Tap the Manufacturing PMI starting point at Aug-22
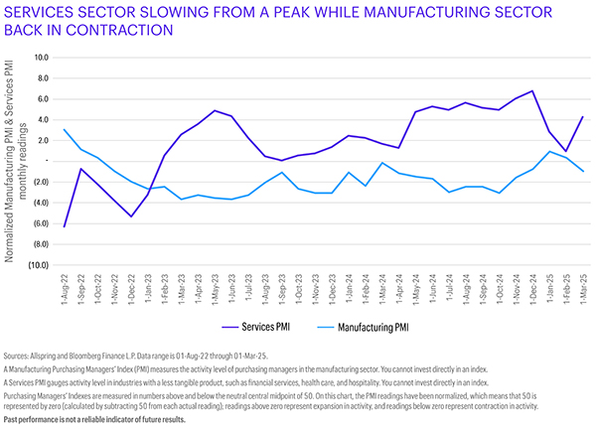pos(65,129)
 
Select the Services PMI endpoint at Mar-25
pos(582,116)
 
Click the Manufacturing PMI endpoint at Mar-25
pos(582,172)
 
